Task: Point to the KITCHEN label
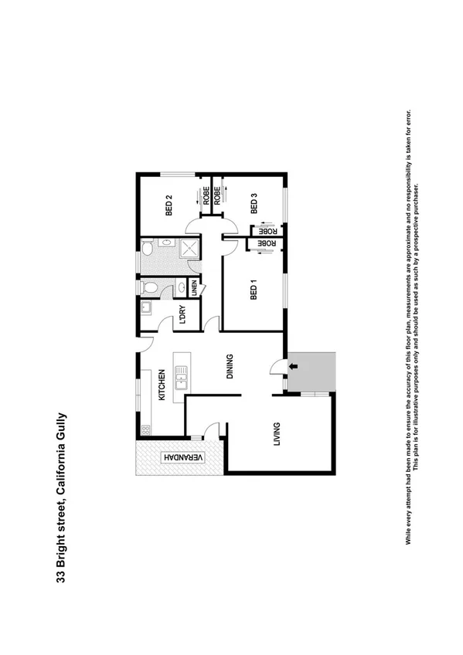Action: tap(162, 385)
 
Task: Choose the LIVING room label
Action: tap(276, 435)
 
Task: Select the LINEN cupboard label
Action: tap(194, 287)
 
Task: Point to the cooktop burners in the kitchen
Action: tap(144, 428)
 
